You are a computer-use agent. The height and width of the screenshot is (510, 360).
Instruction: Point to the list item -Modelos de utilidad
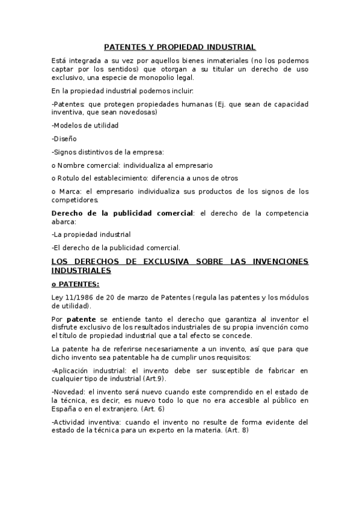pyautogui.click(x=85, y=125)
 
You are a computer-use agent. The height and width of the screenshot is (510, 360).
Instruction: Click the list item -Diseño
pyautogui.click(x=64, y=138)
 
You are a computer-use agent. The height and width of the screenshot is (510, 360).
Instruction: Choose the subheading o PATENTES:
pyautogui.click(x=76, y=284)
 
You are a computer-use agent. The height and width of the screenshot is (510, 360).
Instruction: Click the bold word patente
pyautogui.click(x=81, y=319)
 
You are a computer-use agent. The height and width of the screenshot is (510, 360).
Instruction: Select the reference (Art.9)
pyautogui.click(x=153, y=378)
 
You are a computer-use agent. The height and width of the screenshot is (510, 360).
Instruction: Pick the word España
pyautogui.click(x=64, y=408)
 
